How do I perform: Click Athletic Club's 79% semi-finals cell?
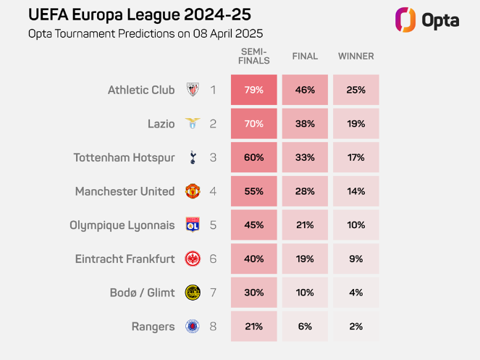coord(253,91)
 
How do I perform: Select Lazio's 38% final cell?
coord(305,124)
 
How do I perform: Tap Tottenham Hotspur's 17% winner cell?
coord(355,158)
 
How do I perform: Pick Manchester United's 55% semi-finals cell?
coord(253,191)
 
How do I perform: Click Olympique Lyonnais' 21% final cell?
coord(305,225)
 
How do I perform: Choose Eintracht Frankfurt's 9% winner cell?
coord(355,259)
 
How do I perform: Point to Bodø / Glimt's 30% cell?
coord(253,293)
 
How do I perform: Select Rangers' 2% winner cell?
coord(355,326)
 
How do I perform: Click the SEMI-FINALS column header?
coord(253,56)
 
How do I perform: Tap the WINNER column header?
coord(355,56)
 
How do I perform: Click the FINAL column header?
coord(305,56)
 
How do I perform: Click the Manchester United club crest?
coord(193,191)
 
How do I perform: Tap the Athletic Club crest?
coord(193,91)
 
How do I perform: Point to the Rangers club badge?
coord(193,326)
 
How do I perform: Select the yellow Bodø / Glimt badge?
coord(193,293)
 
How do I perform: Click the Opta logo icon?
coord(405,20)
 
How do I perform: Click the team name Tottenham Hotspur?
coord(124,158)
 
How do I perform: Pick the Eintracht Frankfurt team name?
coord(125,259)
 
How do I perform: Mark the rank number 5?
coord(213,225)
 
